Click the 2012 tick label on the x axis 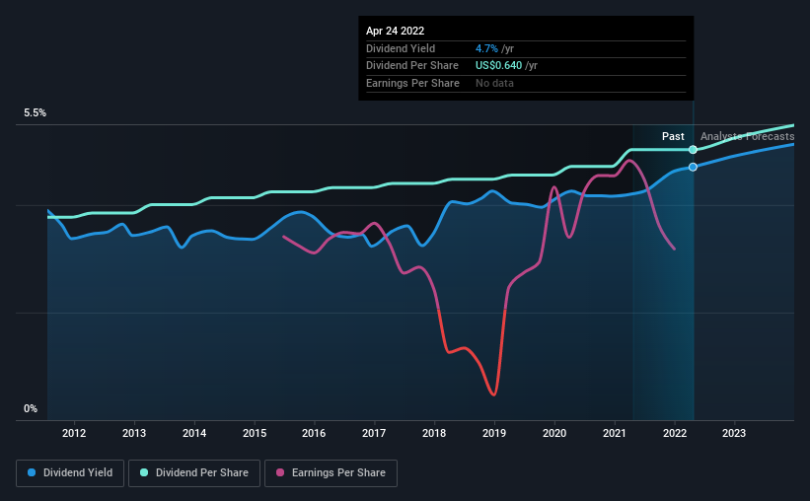tap(74, 433)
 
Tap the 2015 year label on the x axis tap(255, 433)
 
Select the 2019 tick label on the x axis tap(494, 433)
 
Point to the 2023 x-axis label tap(734, 433)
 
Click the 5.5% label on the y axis tap(36, 113)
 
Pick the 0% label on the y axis tap(30, 408)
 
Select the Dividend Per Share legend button tap(194, 473)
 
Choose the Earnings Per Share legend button tap(331, 473)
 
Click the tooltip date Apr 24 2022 tap(396, 31)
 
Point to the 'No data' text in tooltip tap(494, 84)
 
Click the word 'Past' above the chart tap(674, 136)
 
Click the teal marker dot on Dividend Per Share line tap(694, 149)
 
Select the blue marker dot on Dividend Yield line tap(694, 167)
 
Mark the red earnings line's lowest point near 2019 tap(492, 394)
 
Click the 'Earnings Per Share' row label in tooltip tap(412, 84)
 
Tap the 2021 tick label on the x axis tap(615, 433)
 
